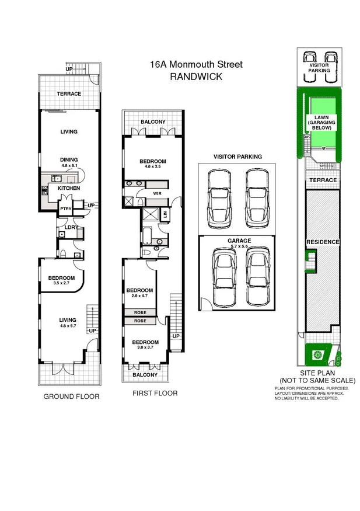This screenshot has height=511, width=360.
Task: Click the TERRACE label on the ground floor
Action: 69,94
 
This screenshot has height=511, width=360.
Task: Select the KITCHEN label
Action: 68,189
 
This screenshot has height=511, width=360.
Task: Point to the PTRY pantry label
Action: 65,208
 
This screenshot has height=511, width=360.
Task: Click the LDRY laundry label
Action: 72,227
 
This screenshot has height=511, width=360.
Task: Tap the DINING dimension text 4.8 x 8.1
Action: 69,166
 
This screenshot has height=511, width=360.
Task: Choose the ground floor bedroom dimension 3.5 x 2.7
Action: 61,283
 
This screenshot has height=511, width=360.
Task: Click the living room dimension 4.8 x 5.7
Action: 68,326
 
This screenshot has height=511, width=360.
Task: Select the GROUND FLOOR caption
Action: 72,397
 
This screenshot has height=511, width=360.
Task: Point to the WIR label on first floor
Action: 156,192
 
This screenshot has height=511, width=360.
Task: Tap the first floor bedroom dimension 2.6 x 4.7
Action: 139,297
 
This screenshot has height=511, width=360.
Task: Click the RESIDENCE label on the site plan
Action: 323,242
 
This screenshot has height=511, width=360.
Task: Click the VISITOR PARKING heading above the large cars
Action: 237,157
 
